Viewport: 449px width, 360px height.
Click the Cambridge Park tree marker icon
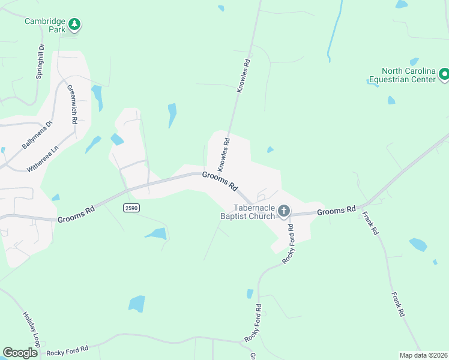pos(74,25)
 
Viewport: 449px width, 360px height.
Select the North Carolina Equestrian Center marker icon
pos(444,75)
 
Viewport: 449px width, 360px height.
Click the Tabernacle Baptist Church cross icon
pos(283,211)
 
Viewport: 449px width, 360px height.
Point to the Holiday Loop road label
pos(31,329)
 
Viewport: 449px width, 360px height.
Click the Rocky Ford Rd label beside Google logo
pos(67,350)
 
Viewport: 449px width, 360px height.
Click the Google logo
pos(20,352)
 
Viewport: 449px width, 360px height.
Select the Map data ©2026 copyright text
pos(423,355)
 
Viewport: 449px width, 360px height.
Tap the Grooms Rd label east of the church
pos(336,211)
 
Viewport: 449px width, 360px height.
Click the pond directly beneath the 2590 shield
pos(155,233)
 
